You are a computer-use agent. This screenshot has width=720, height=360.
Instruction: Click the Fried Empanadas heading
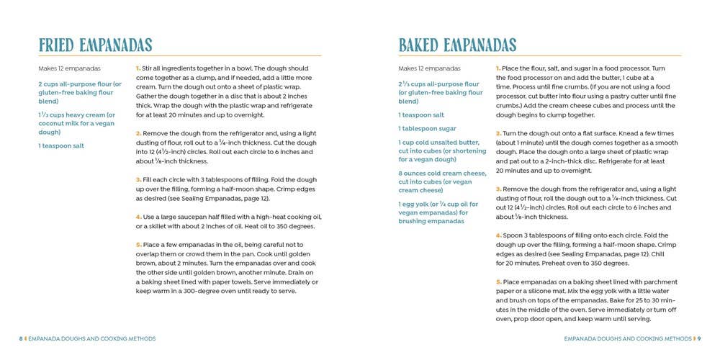[95, 45]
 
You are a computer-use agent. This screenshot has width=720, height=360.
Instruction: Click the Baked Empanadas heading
[457, 45]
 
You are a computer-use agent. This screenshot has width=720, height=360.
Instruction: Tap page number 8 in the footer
[20, 338]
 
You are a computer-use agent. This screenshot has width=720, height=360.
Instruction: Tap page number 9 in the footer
[699, 338]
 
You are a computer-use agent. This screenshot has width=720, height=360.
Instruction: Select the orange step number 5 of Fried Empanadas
[138, 246]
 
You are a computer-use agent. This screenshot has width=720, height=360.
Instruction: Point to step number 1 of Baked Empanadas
[498, 68]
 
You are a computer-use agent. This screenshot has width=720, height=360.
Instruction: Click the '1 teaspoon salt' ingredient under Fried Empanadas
[61, 145]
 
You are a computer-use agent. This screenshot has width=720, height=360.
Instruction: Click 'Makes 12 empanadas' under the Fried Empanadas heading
[69, 68]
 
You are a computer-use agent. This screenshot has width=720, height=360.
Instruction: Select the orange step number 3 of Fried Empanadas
[138, 180]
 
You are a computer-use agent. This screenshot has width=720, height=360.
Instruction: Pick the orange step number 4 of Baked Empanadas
[498, 235]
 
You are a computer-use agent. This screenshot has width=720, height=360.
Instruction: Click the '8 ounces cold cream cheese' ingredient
[442, 173]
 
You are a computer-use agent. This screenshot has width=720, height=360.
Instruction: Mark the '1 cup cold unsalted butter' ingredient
[438, 143]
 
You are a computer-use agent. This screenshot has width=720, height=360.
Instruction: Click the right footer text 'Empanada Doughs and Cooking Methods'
[627, 338]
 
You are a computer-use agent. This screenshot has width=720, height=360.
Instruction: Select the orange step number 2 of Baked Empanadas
[498, 133]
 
